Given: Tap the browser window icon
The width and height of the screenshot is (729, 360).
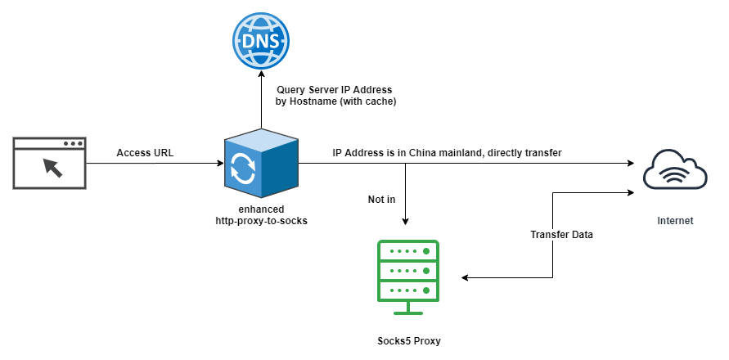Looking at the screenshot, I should point(50,164).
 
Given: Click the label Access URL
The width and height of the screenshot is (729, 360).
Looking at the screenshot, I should point(145,152).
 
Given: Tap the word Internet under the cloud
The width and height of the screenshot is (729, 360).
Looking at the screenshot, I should point(675,221).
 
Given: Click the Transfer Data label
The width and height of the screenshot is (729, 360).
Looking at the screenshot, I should point(562,235).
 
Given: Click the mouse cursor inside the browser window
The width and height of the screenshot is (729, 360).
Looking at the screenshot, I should point(52,169).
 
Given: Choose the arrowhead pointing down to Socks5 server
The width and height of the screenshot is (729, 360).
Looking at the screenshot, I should point(407,221).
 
